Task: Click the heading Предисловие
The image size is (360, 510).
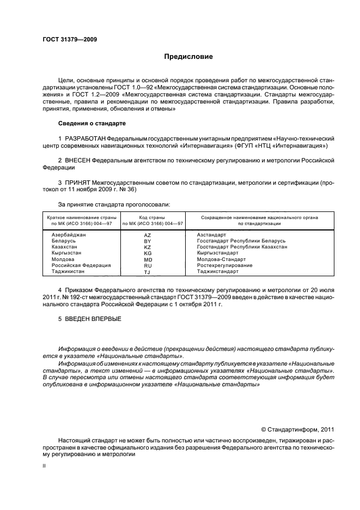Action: point(189,56)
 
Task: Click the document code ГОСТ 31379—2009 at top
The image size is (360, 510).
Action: point(70,40)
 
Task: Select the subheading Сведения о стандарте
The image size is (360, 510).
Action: point(92,124)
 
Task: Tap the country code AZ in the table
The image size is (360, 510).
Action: point(147,234)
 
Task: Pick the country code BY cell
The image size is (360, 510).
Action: point(147,241)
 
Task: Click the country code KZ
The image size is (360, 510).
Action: point(147,247)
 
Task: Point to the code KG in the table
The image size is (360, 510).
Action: point(147,253)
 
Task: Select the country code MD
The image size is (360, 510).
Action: point(147,259)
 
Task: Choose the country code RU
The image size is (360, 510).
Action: point(147,265)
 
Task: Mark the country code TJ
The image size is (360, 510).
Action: point(147,272)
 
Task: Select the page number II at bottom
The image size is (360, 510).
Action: point(45,466)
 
